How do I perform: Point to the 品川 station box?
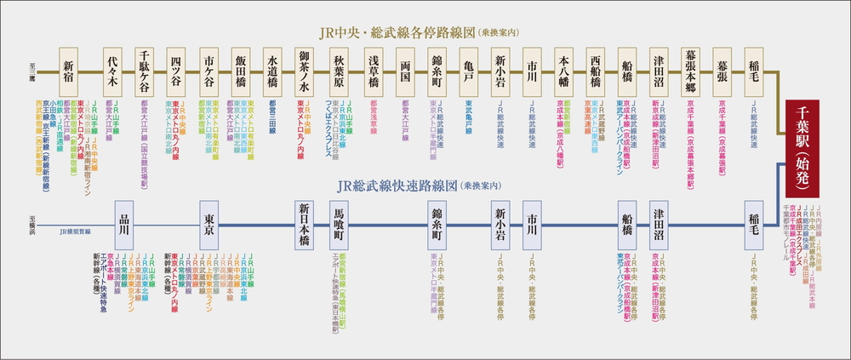pos(124,225)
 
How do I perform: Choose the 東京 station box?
pos(208,225)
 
